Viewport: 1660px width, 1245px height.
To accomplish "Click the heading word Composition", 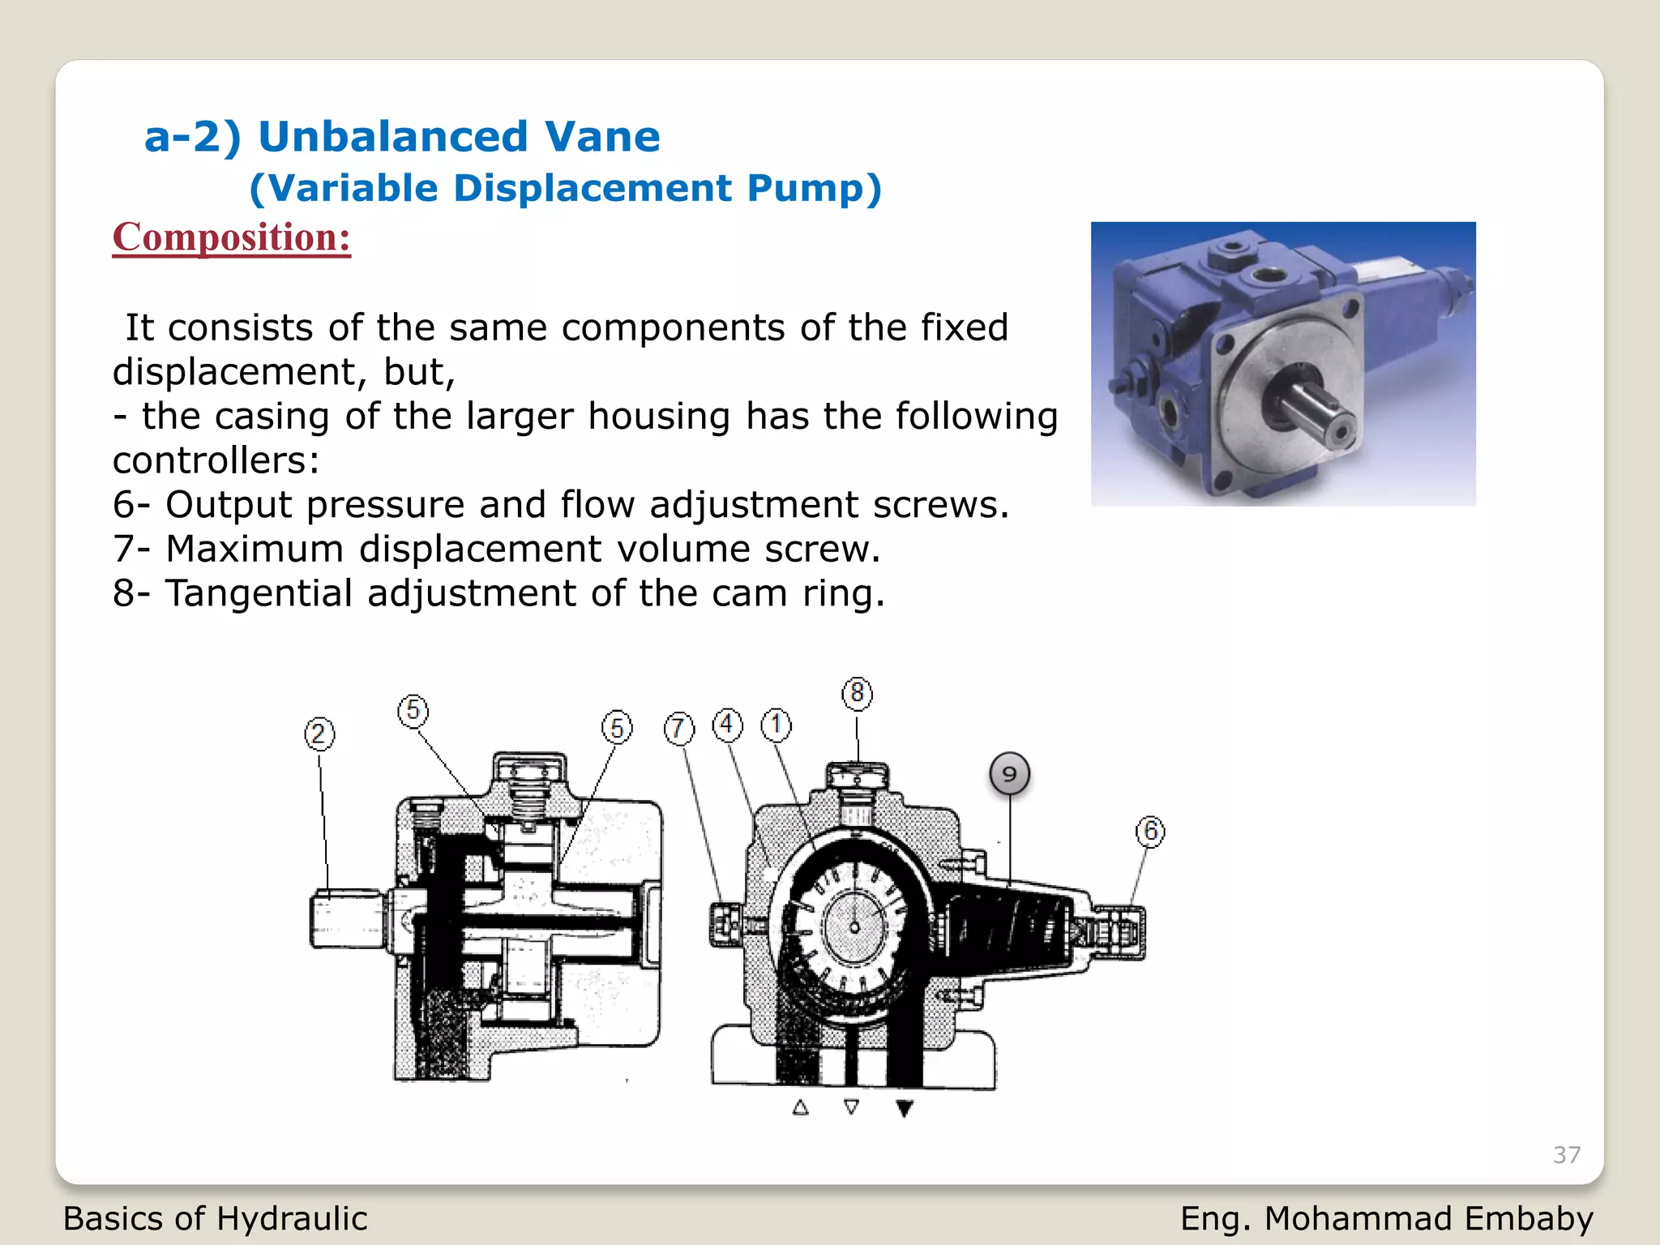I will [231, 237].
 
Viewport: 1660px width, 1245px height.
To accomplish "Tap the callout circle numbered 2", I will [319, 734].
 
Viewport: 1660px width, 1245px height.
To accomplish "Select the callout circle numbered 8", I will [858, 694].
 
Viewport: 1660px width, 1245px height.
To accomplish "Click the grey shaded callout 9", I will [1009, 774].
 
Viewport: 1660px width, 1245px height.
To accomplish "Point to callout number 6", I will [1150, 832].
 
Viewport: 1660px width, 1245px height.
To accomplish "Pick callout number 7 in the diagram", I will [679, 729].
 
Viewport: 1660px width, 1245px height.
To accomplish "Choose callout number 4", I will [727, 725].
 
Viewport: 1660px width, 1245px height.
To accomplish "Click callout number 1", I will [776, 725].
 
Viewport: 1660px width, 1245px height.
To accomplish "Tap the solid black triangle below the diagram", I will [905, 1108].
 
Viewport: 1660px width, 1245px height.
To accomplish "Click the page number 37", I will [1567, 1155].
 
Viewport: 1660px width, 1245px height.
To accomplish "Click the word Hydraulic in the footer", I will [292, 1219].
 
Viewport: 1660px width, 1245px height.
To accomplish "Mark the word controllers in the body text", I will [216, 461].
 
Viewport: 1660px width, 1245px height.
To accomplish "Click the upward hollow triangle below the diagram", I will [801, 1107].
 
